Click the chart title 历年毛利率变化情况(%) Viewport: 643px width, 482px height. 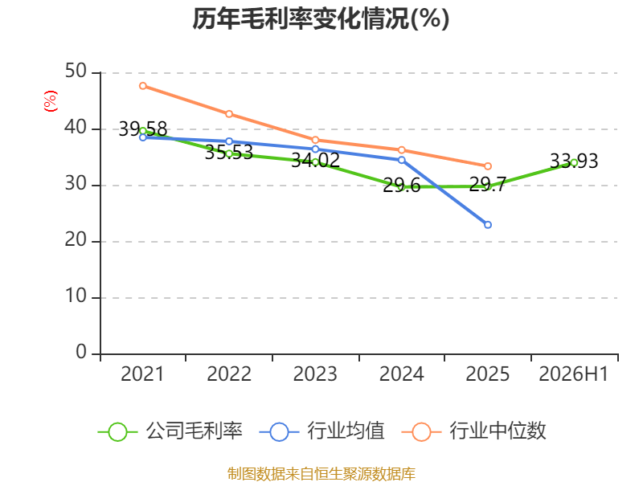[321, 18]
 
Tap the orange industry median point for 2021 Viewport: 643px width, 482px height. [143, 86]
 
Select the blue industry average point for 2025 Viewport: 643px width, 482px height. [488, 225]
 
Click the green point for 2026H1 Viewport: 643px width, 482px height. [574, 162]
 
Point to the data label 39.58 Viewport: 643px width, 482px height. [143, 129]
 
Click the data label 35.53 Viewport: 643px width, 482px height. [229, 153]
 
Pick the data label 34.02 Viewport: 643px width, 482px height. [315, 160]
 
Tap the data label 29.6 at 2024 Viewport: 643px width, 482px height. [401, 186]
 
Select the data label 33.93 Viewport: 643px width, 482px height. [574, 161]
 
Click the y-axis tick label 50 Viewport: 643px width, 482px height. [76, 71]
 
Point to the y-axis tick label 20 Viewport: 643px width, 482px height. [76, 240]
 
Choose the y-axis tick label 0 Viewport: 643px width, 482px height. [81, 353]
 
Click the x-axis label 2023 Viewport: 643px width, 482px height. [315, 374]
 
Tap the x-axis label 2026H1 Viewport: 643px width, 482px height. [574, 374]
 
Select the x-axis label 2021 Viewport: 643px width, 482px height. [142, 374]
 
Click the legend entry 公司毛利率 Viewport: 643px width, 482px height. [170, 431]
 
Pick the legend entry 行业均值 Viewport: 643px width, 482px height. [322, 431]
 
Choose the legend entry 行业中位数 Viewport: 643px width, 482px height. [474, 431]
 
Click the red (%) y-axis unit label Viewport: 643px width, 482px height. [51, 101]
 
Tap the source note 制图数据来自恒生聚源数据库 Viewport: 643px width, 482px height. [321, 474]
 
